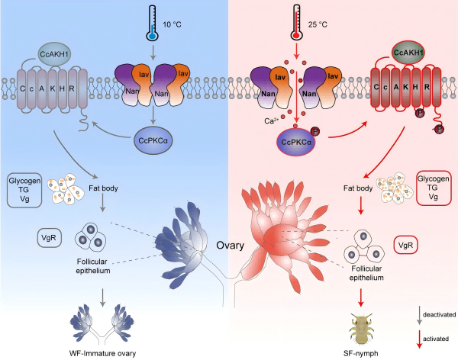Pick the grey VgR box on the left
47,237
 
